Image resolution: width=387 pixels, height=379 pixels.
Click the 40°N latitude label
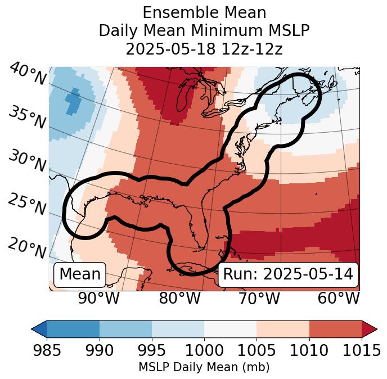(27, 74)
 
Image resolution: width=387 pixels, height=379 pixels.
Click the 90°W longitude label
(98, 299)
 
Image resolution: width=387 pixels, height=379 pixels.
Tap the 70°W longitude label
(259, 299)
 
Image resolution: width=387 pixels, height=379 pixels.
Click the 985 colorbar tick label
(47, 350)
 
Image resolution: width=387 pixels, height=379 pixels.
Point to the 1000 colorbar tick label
(204, 350)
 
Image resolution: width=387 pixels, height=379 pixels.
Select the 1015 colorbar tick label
(361, 350)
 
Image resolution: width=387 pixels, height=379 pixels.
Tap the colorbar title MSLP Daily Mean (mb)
(204, 367)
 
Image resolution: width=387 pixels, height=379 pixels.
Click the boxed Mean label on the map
(80, 274)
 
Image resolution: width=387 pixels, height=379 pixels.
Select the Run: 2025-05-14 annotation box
(288, 274)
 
